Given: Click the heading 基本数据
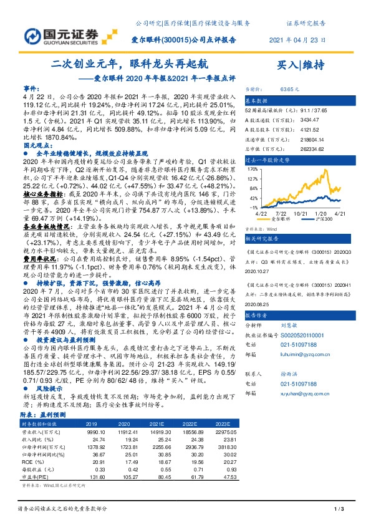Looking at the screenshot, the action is click(256, 100).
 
